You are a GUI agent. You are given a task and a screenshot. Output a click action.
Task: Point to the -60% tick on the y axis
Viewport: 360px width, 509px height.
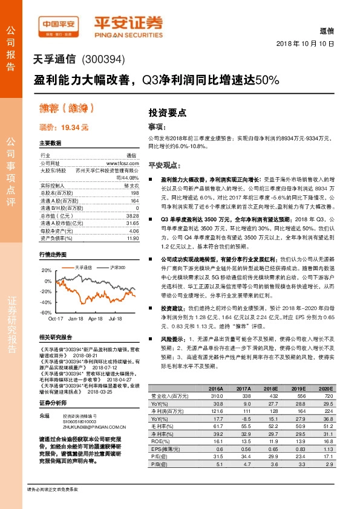(x=46, y=313)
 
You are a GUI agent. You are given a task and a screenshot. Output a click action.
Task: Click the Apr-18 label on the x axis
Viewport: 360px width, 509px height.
(x=96, y=318)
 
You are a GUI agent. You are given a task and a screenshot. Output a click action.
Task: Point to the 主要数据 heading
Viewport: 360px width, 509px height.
(x=50, y=143)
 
